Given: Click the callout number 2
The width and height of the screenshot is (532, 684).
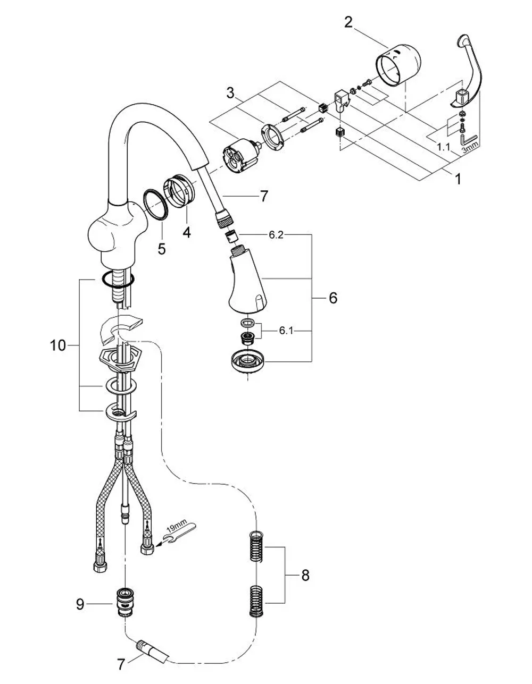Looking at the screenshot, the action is (348, 22).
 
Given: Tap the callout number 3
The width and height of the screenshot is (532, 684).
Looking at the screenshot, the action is (231, 94).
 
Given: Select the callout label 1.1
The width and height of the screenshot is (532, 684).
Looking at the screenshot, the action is (444, 147).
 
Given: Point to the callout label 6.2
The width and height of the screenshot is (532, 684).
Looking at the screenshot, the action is (276, 235).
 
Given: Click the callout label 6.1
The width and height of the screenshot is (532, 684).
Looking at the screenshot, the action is (286, 331).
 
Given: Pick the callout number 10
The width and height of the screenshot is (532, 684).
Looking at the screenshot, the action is (57, 345).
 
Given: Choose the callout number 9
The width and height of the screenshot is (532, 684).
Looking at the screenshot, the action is (80, 604).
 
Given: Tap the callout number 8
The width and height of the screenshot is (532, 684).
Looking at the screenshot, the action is (305, 576).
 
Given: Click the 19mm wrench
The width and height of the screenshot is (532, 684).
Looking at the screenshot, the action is (180, 533).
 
